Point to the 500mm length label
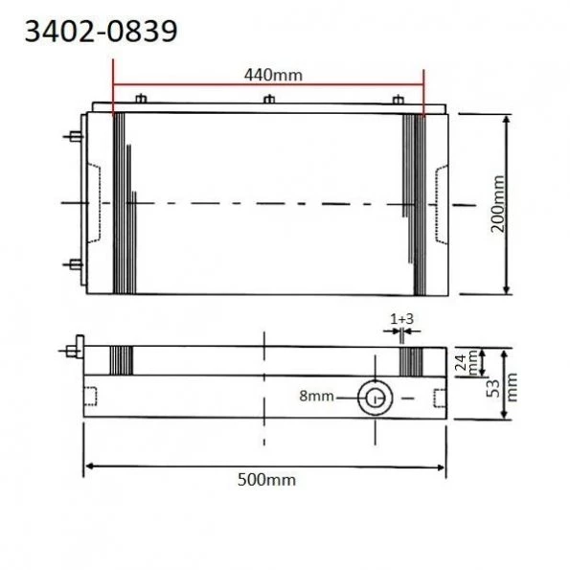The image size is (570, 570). pos(266,482)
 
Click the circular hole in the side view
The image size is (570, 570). pos(374,396)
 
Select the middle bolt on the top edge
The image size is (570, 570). pos(269,100)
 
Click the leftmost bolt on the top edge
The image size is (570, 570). pos(142,100)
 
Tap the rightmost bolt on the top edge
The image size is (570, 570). pos(397,100)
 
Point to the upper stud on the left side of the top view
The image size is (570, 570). pos(73,137)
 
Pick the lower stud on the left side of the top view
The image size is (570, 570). pos(73,263)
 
